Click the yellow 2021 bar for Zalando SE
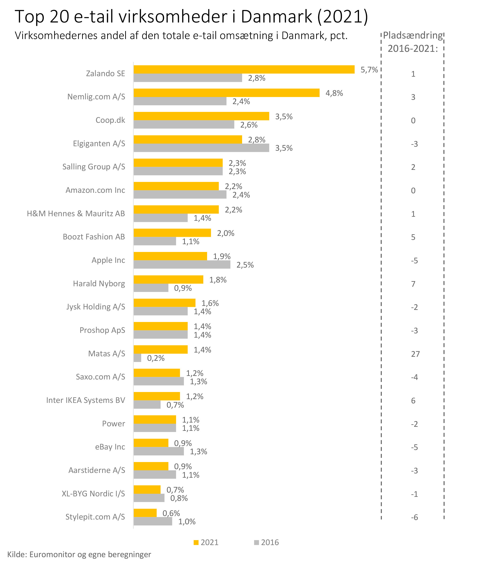click(244, 70)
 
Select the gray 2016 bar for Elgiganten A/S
click(201, 148)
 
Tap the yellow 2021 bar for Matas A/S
click(160, 349)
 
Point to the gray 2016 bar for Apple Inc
click(182, 264)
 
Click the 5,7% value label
click(369, 70)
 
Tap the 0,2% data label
click(155, 358)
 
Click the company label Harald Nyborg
click(99, 283)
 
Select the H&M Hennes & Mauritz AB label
click(75, 214)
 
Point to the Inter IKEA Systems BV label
click(85, 400)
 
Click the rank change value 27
click(415, 354)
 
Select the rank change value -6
click(414, 517)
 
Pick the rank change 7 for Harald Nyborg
click(413, 284)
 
